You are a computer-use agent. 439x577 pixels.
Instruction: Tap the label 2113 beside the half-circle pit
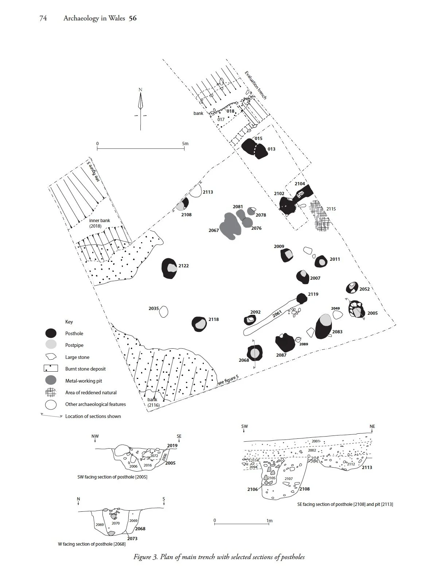click(x=207, y=192)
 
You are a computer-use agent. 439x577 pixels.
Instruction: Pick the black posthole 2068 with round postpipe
click(x=254, y=353)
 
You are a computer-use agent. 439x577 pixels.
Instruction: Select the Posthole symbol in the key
click(x=51, y=333)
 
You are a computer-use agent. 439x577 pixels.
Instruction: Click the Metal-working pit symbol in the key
click(x=51, y=380)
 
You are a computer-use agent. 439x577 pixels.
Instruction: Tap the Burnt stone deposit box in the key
click(x=51, y=368)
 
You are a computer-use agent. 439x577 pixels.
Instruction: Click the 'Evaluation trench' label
click(x=256, y=85)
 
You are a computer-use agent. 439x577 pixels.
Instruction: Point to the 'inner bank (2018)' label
click(x=99, y=223)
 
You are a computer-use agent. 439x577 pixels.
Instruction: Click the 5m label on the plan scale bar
click(x=185, y=143)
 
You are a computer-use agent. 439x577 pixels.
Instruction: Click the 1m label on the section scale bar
click(x=270, y=520)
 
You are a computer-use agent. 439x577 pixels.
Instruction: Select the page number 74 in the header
click(x=43, y=18)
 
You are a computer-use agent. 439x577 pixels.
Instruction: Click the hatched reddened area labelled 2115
click(x=319, y=216)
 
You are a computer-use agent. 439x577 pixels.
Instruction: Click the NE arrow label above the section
click(x=372, y=426)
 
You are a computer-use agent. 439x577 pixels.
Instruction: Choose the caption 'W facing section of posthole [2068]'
click(x=92, y=544)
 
